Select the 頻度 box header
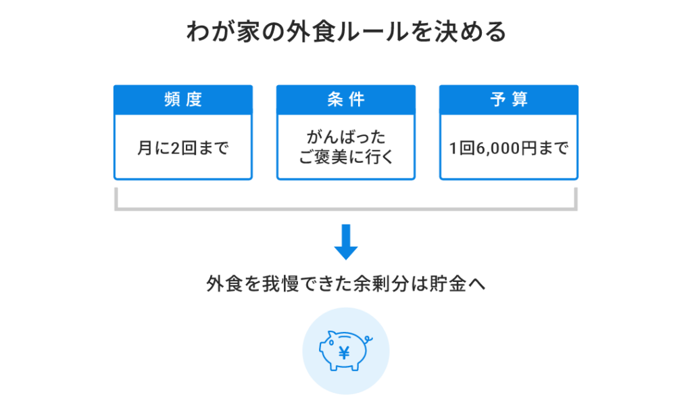[x=183, y=99]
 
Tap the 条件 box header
[x=345, y=99]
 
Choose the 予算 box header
[x=509, y=99]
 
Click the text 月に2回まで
[x=183, y=148]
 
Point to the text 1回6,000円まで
[x=509, y=148]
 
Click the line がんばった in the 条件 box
[x=345, y=138]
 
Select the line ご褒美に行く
[x=345, y=158]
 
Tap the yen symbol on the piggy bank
[x=344, y=352]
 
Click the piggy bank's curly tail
[x=367, y=340]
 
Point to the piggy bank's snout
[x=322, y=350]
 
